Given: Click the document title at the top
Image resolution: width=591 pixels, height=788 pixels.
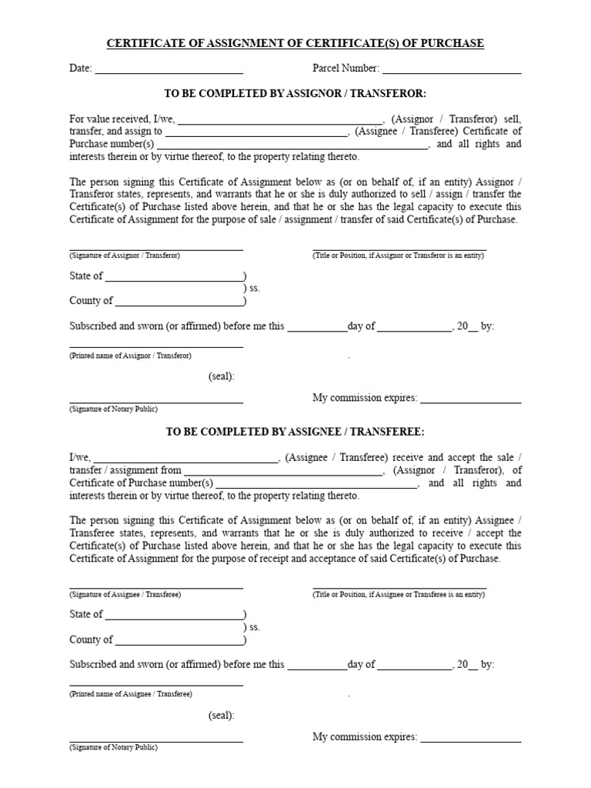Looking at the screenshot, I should (x=295, y=43).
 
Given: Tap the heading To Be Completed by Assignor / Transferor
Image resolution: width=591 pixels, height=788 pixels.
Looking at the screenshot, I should (x=295, y=93).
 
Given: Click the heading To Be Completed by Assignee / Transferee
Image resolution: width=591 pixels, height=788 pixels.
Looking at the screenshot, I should (x=295, y=432).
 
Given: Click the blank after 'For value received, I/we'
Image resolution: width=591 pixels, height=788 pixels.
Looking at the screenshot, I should (x=280, y=121).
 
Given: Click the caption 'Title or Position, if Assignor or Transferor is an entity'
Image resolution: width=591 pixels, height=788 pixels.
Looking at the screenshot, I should (x=398, y=255).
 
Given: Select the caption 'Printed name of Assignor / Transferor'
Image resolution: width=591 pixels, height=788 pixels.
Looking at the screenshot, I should (x=130, y=356).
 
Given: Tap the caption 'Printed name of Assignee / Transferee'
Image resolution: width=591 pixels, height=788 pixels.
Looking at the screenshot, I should (x=130, y=693).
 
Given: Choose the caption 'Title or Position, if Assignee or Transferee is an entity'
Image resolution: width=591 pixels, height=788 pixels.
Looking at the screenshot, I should (x=399, y=594).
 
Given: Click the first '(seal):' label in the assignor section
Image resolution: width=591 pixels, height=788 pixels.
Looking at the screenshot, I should (x=221, y=376).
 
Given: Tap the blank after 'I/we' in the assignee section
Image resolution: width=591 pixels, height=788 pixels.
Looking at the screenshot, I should (x=185, y=459).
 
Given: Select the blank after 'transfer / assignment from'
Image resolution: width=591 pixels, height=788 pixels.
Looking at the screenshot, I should (x=282, y=472).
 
